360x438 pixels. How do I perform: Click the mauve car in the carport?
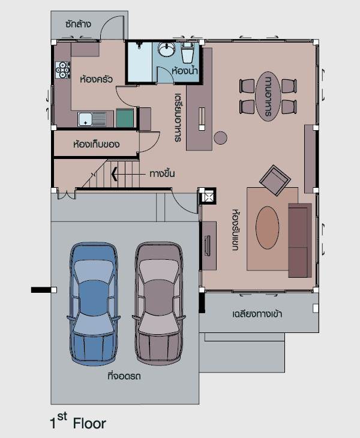(x=159, y=304)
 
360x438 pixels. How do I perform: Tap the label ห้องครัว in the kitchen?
(x=97, y=79)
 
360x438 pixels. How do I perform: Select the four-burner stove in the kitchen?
(x=62, y=70)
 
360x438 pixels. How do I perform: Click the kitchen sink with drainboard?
(x=92, y=119)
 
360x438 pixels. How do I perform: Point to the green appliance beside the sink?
(x=125, y=118)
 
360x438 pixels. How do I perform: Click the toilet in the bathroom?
(x=187, y=52)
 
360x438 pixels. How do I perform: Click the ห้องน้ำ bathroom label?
(x=185, y=70)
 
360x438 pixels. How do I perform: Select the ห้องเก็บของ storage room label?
(x=97, y=145)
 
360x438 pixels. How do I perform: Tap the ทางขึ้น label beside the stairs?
(x=162, y=173)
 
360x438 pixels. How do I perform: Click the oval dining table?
(x=268, y=97)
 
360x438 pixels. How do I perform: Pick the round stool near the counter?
(x=221, y=138)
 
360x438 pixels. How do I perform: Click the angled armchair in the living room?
(x=275, y=180)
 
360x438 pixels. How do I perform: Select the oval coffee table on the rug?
(x=267, y=227)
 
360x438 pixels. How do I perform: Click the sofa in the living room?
(x=300, y=240)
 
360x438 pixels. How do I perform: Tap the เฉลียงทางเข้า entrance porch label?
(x=257, y=314)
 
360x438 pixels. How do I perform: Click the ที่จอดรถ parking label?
(x=124, y=376)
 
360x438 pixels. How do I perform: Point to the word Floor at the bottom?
(x=89, y=424)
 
